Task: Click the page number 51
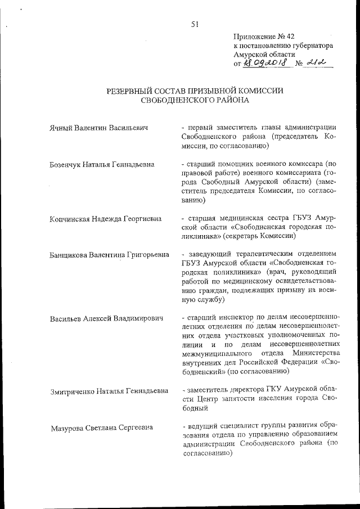(195, 24)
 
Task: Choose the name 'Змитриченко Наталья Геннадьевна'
(109, 390)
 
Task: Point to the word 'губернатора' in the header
(311, 46)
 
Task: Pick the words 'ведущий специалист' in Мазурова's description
(220, 427)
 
